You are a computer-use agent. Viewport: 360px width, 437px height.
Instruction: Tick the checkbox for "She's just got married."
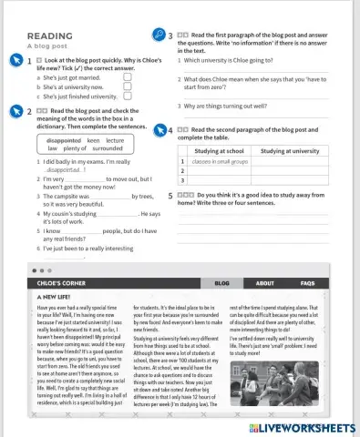[x=127, y=78]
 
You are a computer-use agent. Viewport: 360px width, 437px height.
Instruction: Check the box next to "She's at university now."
[x=127, y=87]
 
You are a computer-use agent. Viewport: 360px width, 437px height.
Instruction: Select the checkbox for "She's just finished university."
[x=127, y=97]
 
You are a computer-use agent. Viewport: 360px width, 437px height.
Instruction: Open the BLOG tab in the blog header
[x=222, y=283]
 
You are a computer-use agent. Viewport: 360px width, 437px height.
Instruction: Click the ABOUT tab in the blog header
[x=264, y=283]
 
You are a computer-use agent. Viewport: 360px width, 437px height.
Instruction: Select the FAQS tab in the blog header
[x=307, y=283]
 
